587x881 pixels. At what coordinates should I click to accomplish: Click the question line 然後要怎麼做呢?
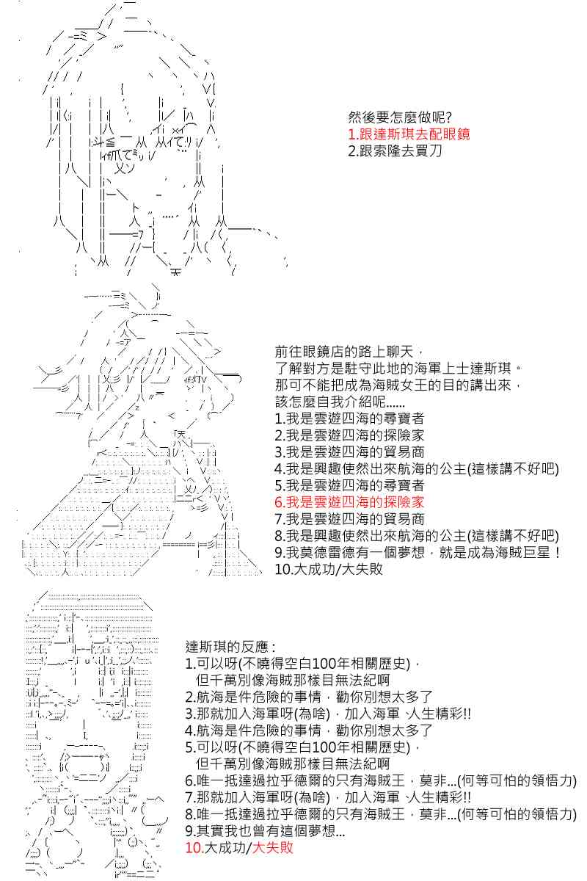[x=400, y=117]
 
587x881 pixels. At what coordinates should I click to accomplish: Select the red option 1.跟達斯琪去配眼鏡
[x=409, y=134]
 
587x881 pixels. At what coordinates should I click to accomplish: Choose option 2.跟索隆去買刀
[x=395, y=151]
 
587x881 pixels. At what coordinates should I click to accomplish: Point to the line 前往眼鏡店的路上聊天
[x=349, y=352]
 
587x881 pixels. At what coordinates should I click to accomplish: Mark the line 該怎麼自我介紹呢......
[x=340, y=402]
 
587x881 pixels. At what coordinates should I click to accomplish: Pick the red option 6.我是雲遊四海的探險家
[x=349, y=502]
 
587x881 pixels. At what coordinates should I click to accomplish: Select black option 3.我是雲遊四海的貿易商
[x=349, y=452]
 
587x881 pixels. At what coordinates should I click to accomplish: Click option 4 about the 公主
[x=417, y=468]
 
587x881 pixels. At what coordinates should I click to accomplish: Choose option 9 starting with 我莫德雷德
[x=418, y=552]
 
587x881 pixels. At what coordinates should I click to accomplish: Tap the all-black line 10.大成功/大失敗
[x=329, y=569]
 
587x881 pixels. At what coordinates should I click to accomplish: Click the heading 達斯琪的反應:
[x=230, y=647]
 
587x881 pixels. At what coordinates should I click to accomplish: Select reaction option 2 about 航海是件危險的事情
[x=309, y=697]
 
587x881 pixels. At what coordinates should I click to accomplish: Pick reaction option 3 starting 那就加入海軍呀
[x=328, y=714]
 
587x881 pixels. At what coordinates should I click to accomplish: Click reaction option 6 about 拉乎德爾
[x=381, y=780]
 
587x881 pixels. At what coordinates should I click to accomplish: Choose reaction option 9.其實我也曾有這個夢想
[x=265, y=830]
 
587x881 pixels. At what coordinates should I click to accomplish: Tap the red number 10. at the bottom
[x=194, y=847]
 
